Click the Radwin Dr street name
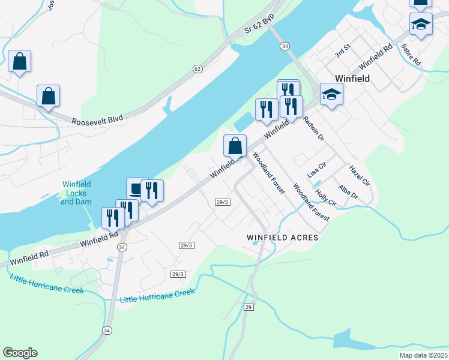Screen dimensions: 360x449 pyautogui.click(x=313, y=128)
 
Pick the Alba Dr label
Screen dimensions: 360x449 pyautogui.click(x=348, y=192)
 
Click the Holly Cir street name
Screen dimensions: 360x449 pyautogui.click(x=325, y=198)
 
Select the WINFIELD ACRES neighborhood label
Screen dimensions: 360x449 pyautogui.click(x=282, y=238)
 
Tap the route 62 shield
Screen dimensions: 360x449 pyautogui.click(x=197, y=69)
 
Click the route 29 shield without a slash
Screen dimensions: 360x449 pyautogui.click(x=249, y=307)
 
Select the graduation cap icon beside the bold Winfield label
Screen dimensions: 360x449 pyautogui.click(x=331, y=94)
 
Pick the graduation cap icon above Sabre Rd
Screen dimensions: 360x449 pyautogui.click(x=421, y=25)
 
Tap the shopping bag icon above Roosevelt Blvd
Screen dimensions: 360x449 pyautogui.click(x=48, y=96)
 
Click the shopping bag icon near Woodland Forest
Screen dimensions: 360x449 pyautogui.click(x=235, y=146)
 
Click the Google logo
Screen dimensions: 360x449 pyautogui.click(x=20, y=353)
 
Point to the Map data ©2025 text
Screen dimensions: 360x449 pyautogui.click(x=423, y=355)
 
